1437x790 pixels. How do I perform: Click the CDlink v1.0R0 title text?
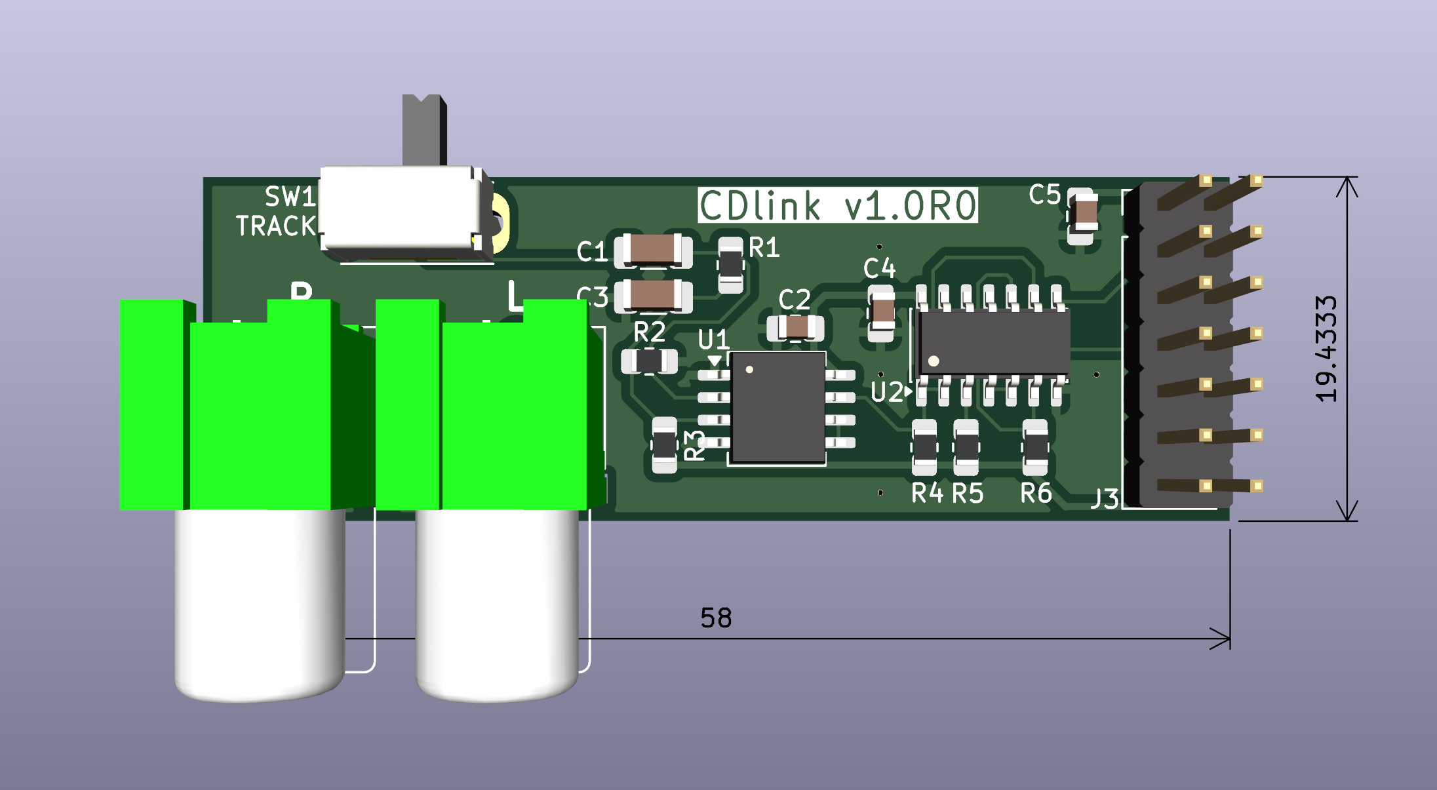pos(837,205)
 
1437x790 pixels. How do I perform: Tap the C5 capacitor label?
pos(1044,195)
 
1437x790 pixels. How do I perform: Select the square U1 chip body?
pos(778,406)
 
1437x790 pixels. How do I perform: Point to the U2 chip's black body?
pos(994,342)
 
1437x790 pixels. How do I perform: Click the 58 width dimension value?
pos(715,618)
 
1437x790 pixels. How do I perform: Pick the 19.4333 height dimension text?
pos(1326,348)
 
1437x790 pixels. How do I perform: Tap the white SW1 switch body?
pos(401,208)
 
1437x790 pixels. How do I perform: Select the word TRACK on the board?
pos(275,226)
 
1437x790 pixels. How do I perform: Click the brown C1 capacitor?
pos(652,250)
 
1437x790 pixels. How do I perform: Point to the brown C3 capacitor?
pos(652,295)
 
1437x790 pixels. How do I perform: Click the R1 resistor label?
pos(764,248)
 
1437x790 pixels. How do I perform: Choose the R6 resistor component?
pos(1035,448)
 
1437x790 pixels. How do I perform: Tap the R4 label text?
pos(927,493)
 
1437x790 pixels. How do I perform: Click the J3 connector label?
pos(1105,499)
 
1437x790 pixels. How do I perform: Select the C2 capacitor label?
pos(794,300)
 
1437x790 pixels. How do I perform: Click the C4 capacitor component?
pos(880,313)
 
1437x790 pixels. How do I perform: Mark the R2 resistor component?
pos(649,361)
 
